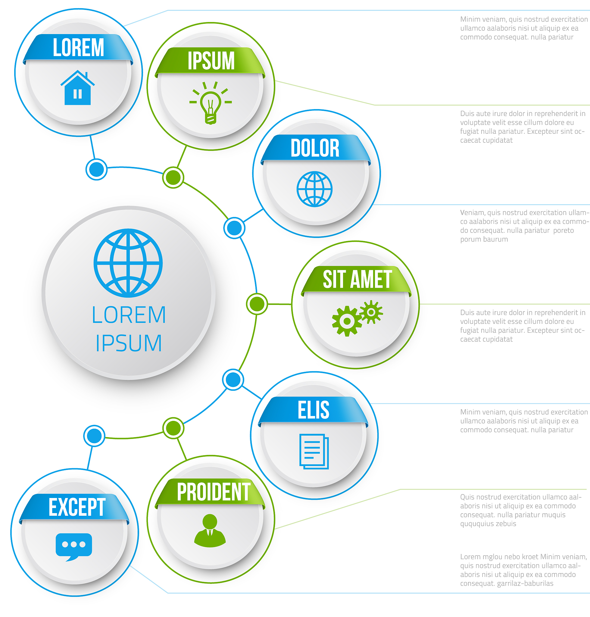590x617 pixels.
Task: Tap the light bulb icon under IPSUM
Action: point(211,103)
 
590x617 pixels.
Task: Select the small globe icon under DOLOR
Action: point(314,189)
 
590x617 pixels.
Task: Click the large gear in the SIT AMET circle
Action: point(347,321)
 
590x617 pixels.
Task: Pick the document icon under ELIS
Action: point(314,452)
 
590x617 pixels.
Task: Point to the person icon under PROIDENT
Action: point(210,531)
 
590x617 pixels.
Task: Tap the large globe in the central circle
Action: point(128,263)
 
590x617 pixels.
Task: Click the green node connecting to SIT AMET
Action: point(257,304)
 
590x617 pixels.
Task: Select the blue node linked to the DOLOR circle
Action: point(234,228)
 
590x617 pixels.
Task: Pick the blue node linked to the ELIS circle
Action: point(233,380)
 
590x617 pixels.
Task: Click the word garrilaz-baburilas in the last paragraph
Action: point(525,583)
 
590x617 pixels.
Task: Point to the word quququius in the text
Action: point(475,524)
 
